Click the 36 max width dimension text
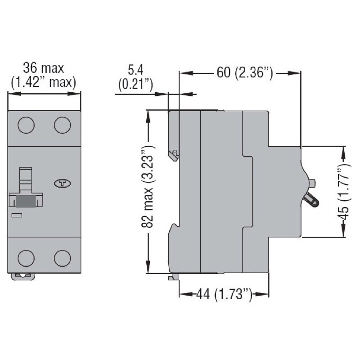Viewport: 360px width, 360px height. pos(44,68)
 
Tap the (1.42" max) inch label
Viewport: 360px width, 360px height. pos(44,82)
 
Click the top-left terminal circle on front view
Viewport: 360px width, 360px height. pos(26,124)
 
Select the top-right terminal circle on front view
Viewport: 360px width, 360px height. pos(63,124)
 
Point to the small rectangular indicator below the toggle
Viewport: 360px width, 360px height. pos(17,216)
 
